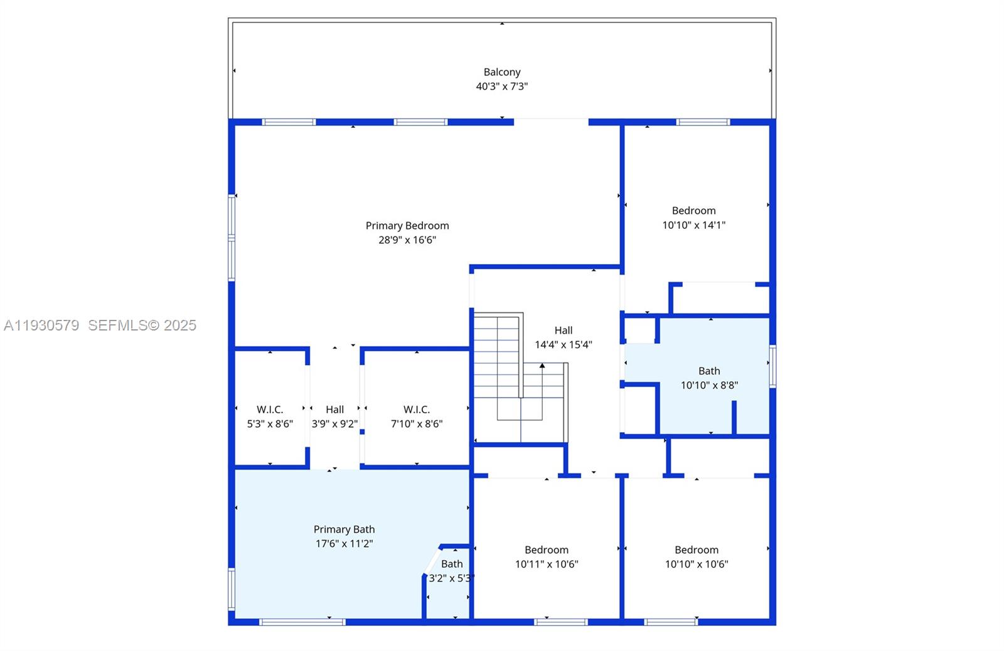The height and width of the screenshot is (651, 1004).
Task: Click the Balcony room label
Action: click(x=501, y=72)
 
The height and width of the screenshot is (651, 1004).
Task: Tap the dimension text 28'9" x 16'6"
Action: click(x=407, y=240)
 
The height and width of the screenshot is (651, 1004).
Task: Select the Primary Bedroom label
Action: click(x=407, y=226)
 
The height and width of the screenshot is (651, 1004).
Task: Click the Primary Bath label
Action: click(x=344, y=529)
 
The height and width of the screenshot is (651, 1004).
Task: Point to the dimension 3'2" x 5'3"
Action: click(x=451, y=578)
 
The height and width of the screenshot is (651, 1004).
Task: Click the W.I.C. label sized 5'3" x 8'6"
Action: click(x=270, y=410)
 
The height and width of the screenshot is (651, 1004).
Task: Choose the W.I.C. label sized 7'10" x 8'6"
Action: click(x=417, y=410)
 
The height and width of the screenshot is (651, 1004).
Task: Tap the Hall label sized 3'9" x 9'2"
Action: click(x=334, y=410)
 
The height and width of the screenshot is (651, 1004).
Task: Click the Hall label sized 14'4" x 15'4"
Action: click(x=563, y=331)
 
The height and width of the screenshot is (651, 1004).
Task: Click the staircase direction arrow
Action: click(x=542, y=366)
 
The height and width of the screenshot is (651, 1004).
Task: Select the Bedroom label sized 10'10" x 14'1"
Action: click(x=693, y=211)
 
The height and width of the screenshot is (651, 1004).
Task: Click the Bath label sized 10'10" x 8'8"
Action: click(x=709, y=371)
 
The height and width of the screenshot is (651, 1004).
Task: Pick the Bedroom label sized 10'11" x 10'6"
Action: click(x=547, y=550)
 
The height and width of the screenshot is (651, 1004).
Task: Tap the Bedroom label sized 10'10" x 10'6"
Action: click(x=697, y=550)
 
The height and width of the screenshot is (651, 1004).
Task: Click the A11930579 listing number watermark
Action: click(x=41, y=325)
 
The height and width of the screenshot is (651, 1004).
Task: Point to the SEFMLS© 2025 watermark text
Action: click(x=142, y=325)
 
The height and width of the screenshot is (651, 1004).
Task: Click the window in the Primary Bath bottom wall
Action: click(x=302, y=622)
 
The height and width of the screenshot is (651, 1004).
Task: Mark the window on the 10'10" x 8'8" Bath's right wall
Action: click(x=772, y=366)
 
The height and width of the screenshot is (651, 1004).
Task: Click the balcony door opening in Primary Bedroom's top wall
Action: click(x=551, y=122)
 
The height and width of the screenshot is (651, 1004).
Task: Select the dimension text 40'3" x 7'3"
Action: click(x=501, y=87)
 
